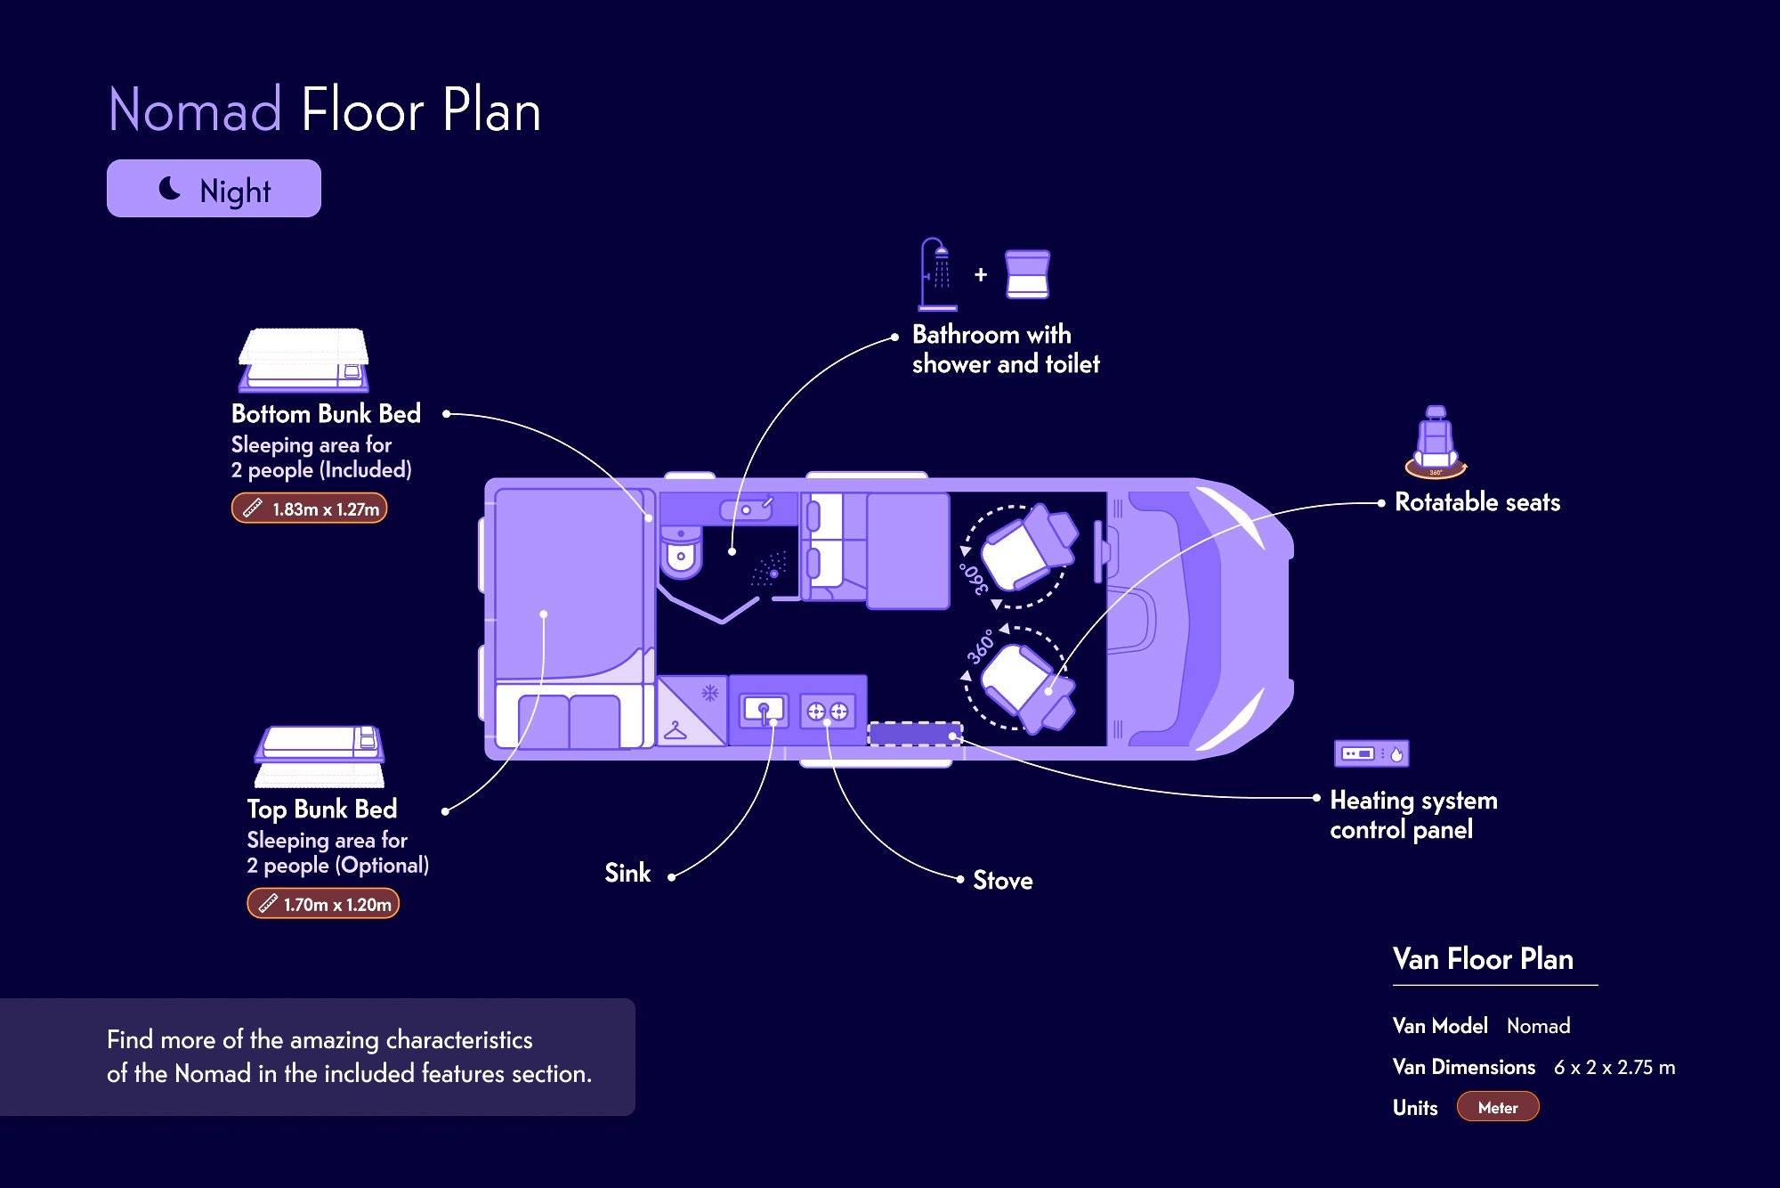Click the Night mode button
coord(214,189)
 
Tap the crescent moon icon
coord(169,188)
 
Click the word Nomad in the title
coord(195,110)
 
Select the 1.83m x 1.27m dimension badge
coord(309,509)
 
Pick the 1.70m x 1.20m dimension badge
coord(322,904)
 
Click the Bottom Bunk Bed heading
coord(326,414)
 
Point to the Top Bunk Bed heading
coord(321,810)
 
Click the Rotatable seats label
coord(1477,502)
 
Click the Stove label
coord(1003,881)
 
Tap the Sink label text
coord(627,874)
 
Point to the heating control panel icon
coord(1371,753)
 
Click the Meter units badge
coord(1498,1108)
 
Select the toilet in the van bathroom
coord(681,551)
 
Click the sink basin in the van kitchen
coord(764,711)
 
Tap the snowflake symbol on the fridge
coord(709,693)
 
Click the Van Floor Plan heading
coord(1483,959)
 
